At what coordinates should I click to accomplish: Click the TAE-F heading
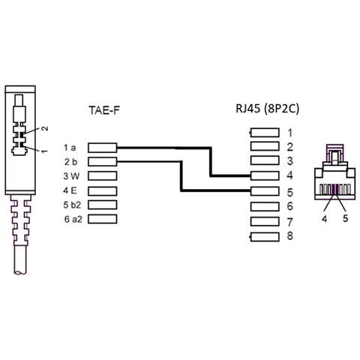pyautogui.click(x=104, y=110)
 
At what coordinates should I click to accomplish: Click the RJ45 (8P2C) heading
pyautogui.click(x=267, y=109)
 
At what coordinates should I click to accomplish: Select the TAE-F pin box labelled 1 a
pyautogui.click(x=103, y=148)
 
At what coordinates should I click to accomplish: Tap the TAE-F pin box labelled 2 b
pyautogui.click(x=103, y=162)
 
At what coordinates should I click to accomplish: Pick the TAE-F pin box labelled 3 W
pyautogui.click(x=103, y=176)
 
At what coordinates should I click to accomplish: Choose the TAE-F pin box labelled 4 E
pyautogui.click(x=103, y=191)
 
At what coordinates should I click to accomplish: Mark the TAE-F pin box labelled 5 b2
pyautogui.click(x=103, y=205)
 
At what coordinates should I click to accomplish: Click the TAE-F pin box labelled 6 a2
pyautogui.click(x=103, y=219)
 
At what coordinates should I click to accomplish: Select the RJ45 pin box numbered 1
pyautogui.click(x=265, y=133)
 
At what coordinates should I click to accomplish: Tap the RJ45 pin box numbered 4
pyautogui.click(x=265, y=176)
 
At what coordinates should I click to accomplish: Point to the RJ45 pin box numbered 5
pyautogui.click(x=265, y=191)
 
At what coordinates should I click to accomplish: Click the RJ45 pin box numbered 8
pyautogui.click(x=265, y=237)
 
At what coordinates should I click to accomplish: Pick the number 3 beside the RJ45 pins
pyautogui.click(x=289, y=161)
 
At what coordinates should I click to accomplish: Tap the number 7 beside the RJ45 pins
pyautogui.click(x=289, y=222)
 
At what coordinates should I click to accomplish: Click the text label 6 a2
pyautogui.click(x=73, y=219)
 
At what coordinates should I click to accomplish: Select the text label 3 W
pyautogui.click(x=71, y=176)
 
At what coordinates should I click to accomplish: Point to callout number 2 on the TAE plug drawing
pyautogui.click(x=44, y=128)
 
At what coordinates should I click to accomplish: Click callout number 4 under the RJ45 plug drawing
pyautogui.click(x=324, y=219)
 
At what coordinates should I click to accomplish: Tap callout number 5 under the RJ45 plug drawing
pyautogui.click(x=345, y=218)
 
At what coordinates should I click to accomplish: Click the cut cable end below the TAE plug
pyautogui.click(x=20, y=272)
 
